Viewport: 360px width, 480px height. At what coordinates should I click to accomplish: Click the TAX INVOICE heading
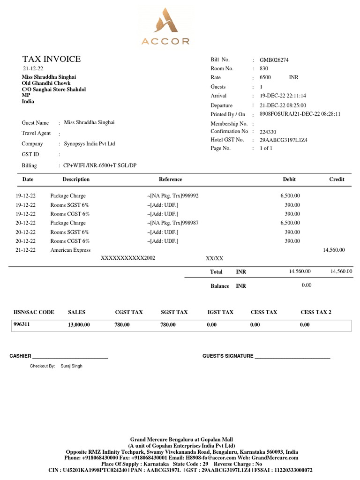[x=52, y=59]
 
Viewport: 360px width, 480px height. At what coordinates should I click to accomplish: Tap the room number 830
[x=264, y=69]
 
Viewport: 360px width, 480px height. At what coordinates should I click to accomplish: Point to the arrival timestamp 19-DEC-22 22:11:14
[x=283, y=96]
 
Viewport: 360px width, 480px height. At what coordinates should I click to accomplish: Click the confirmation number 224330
[x=268, y=132]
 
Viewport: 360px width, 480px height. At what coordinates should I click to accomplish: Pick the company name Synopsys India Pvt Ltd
[x=89, y=144]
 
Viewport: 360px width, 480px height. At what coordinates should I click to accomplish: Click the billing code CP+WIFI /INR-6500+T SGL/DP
[x=100, y=166]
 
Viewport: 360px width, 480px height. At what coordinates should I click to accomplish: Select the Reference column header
[x=171, y=180]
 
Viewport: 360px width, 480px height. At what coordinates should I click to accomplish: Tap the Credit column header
[x=337, y=180]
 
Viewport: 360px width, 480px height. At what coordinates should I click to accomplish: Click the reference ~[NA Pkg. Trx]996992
[x=172, y=196]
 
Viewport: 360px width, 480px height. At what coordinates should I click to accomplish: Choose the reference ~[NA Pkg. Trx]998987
[x=172, y=223]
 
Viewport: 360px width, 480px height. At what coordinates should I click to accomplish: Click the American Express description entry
[x=70, y=250]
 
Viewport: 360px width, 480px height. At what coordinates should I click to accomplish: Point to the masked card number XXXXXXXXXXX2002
[x=128, y=258]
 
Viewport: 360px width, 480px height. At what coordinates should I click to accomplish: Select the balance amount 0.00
[x=307, y=285]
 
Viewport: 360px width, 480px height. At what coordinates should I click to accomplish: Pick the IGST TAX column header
[x=220, y=312]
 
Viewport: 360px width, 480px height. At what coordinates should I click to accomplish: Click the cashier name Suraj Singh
[x=71, y=366]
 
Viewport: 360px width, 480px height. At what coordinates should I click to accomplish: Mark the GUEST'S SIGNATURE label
[x=227, y=356]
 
